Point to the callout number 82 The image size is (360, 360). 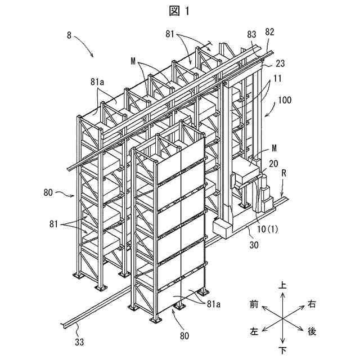click(269, 31)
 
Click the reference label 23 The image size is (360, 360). click(280, 64)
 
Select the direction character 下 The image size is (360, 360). click(282, 350)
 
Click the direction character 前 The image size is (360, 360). click(254, 304)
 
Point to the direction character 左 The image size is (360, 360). click(254, 332)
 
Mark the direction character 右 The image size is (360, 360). click(311, 304)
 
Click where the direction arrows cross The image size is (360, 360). click(282, 318)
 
